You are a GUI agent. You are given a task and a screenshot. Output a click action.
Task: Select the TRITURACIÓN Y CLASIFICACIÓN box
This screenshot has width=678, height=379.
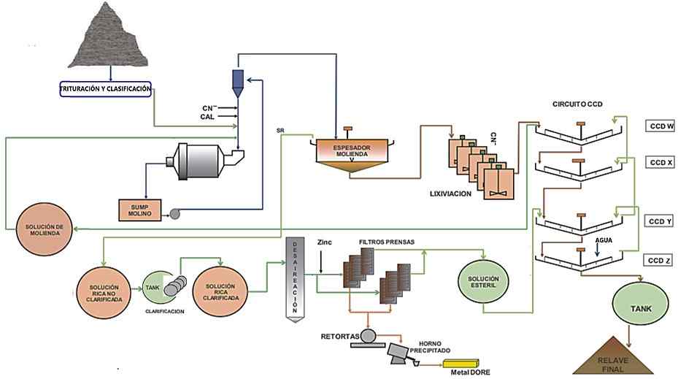[x=105, y=89]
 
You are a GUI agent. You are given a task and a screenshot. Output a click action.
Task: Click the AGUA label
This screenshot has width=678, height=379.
[x=603, y=239]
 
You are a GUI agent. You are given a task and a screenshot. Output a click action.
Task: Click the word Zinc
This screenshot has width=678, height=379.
[x=325, y=242]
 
